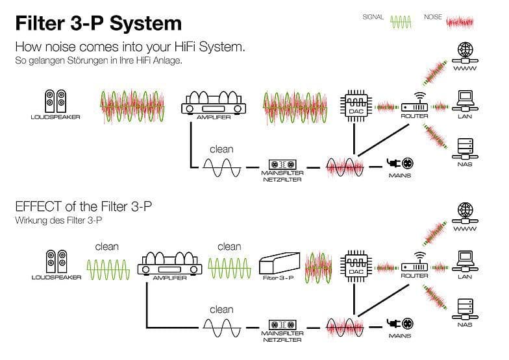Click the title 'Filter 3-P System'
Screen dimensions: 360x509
[x=98, y=23]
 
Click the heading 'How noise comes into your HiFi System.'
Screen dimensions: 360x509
[x=130, y=47]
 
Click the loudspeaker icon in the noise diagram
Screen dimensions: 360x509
[x=55, y=102]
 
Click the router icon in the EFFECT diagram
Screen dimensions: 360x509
[x=414, y=265]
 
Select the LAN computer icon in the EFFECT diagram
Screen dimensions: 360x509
[x=465, y=259]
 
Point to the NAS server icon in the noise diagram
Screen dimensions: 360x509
[x=465, y=149]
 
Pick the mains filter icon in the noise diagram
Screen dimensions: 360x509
[x=282, y=164]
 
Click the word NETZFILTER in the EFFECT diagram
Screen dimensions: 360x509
[x=282, y=339]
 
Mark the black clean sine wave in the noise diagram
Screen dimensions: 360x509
[x=221, y=167]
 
